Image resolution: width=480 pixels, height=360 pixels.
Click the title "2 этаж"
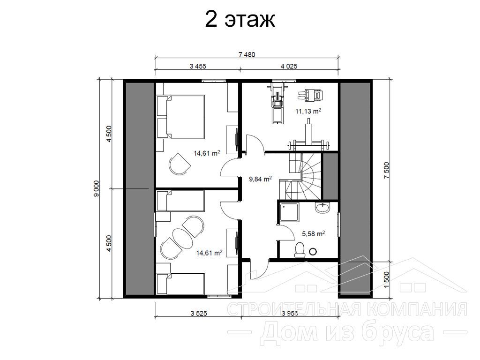tap(240, 20)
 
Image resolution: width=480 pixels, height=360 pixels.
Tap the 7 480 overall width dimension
tap(247, 55)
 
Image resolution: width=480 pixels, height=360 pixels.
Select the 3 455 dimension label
tap(198, 66)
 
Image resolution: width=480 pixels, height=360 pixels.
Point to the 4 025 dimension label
tap(289, 66)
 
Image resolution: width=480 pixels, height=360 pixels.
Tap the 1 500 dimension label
tap(386, 279)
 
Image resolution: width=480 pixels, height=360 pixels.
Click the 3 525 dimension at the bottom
tap(198, 313)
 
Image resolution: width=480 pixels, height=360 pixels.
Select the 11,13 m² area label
tap(308, 111)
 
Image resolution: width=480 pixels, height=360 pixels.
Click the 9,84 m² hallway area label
tap(260, 179)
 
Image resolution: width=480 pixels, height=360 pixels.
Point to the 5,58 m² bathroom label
tap(313, 234)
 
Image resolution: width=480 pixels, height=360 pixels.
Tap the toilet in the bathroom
tap(300, 249)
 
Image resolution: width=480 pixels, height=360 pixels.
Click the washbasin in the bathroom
tap(322, 208)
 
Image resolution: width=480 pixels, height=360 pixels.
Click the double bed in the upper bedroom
tap(180, 117)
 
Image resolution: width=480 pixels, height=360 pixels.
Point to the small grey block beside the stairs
tap(330, 176)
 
